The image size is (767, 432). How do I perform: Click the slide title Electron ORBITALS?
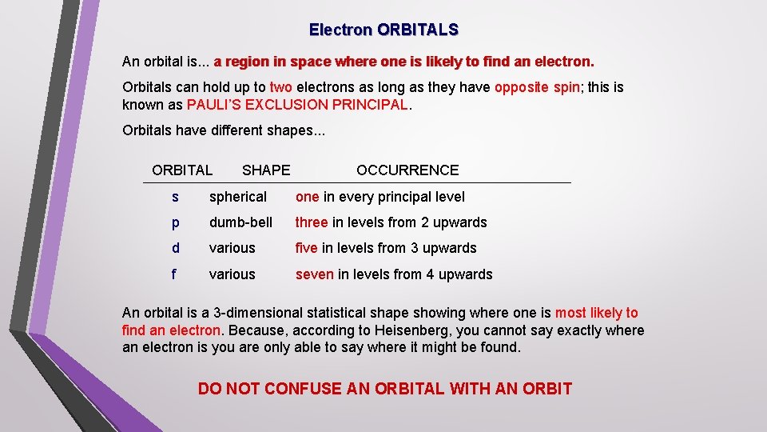[x=383, y=30]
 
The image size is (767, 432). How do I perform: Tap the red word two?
[x=280, y=88]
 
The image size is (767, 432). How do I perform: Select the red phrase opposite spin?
[x=537, y=88]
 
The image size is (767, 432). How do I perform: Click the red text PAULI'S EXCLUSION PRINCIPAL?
[x=297, y=106]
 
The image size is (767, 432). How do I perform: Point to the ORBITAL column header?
[x=182, y=170]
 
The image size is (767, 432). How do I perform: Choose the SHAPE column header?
[x=266, y=170]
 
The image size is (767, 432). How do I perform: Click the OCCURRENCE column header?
[x=407, y=170]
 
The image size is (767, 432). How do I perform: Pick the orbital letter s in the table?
[x=174, y=197]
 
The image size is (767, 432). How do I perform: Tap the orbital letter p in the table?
[x=174, y=223]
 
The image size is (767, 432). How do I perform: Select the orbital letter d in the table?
[x=174, y=248]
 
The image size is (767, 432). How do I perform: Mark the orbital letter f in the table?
[x=174, y=274]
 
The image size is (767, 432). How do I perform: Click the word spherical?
[x=238, y=197]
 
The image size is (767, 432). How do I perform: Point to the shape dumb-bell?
[x=240, y=222]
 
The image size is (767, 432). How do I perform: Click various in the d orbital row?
[x=232, y=248]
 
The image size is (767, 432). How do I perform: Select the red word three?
[x=312, y=222]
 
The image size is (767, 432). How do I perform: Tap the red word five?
[x=307, y=248]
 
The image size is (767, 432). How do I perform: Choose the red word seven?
[x=315, y=274]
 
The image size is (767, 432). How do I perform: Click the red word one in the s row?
[x=308, y=197]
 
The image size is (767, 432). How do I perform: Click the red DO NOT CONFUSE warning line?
[x=384, y=389]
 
